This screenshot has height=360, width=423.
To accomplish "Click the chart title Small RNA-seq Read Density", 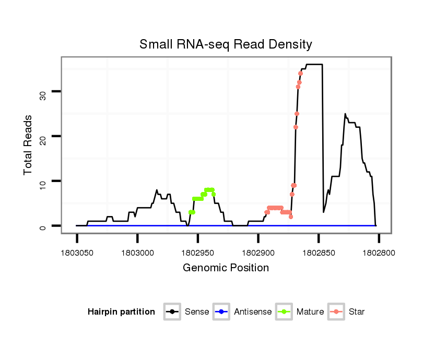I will (226, 44).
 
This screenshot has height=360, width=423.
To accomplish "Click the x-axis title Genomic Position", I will (226, 268).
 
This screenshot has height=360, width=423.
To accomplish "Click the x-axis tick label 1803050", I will (77, 253).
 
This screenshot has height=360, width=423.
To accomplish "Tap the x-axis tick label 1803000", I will (137, 253).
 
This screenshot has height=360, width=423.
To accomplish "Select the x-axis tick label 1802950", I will (197, 253).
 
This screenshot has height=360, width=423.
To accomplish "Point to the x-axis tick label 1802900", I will (258, 253).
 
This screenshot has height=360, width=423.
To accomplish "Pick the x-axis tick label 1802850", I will (318, 253).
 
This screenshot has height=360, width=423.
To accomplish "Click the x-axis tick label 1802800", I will (379, 253).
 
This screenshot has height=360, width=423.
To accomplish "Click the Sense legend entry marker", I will (172, 312).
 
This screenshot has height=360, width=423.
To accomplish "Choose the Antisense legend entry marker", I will (221, 312).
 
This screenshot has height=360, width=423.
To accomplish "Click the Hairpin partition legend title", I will (121, 312).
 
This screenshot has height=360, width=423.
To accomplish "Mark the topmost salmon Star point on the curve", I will (300, 74).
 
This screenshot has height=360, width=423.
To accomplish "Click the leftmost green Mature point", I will (191, 212).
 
